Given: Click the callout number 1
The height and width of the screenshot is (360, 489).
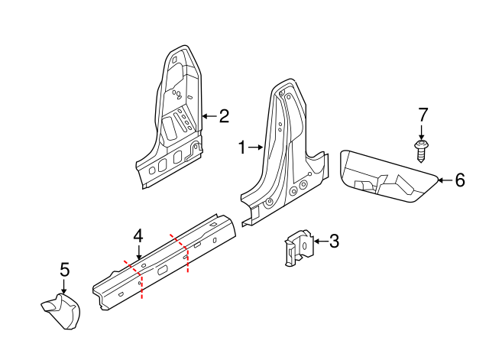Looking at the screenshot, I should (242, 148).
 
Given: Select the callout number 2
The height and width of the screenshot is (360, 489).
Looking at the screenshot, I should (224, 116).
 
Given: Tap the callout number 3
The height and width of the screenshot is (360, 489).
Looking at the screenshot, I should (334, 242).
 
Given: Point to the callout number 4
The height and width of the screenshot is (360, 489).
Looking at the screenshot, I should (138, 235).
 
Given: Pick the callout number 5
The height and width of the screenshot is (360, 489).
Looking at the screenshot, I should (64, 270).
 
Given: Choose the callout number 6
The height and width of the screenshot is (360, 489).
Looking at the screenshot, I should (459, 180).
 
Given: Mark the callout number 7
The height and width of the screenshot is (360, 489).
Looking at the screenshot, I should (423, 115).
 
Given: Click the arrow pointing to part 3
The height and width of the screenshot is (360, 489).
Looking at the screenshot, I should (319, 242).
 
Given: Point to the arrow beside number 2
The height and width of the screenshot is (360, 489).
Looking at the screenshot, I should (209, 116).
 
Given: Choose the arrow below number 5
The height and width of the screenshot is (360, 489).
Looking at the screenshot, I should (64, 287).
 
